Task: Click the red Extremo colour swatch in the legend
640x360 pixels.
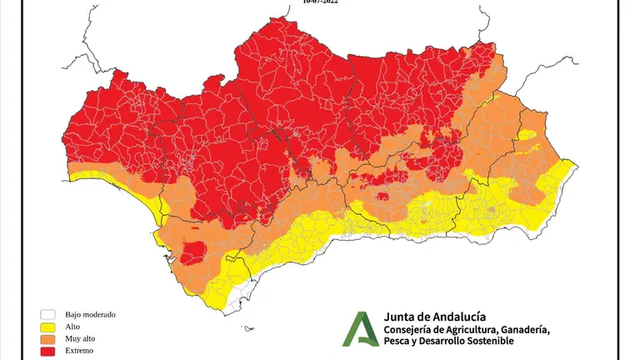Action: [47, 351]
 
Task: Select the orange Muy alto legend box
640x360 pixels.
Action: [47, 339]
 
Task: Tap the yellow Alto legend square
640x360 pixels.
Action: [47, 327]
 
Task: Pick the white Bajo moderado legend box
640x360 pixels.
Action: [47, 315]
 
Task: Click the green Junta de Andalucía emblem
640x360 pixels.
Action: [360, 328]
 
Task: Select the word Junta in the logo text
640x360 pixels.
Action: [401, 316]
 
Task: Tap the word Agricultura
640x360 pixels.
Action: [478, 329]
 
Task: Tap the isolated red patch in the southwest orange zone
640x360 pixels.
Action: [195, 251]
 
